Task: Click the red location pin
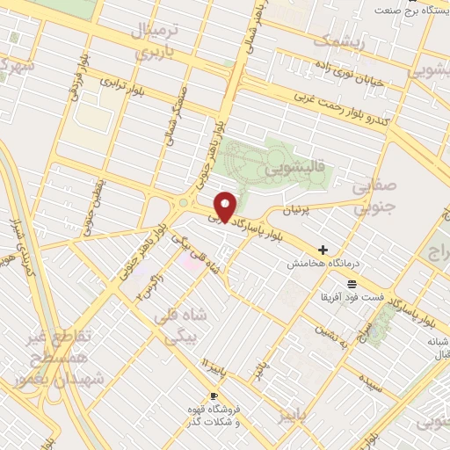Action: (x=226, y=207)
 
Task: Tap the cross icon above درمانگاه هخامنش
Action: (x=323, y=250)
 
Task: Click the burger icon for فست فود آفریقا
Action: (x=352, y=284)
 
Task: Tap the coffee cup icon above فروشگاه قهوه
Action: (x=214, y=396)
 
